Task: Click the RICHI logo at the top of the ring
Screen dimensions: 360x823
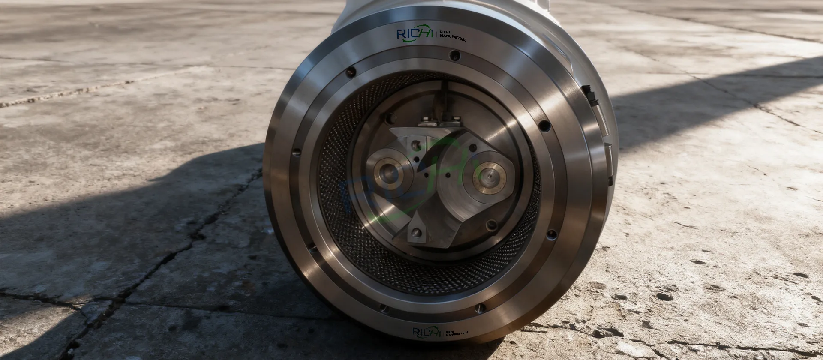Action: click(415, 34)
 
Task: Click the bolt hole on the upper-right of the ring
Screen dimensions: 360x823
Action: click(544, 126)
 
